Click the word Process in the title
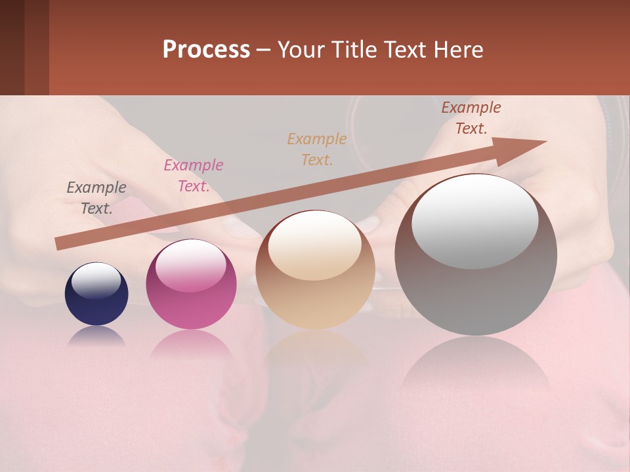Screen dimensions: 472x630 point(206,50)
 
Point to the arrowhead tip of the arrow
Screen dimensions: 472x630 point(545,142)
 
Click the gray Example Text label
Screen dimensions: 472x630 point(96,198)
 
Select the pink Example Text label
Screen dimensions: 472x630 point(194,176)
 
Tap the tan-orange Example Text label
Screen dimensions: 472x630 point(317,149)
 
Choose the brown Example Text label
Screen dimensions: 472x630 point(471,118)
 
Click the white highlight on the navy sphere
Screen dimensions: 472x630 point(96,280)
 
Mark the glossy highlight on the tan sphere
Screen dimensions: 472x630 point(315,245)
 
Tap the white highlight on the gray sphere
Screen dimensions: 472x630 point(475,221)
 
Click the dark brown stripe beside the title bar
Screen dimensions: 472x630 point(24,47)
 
